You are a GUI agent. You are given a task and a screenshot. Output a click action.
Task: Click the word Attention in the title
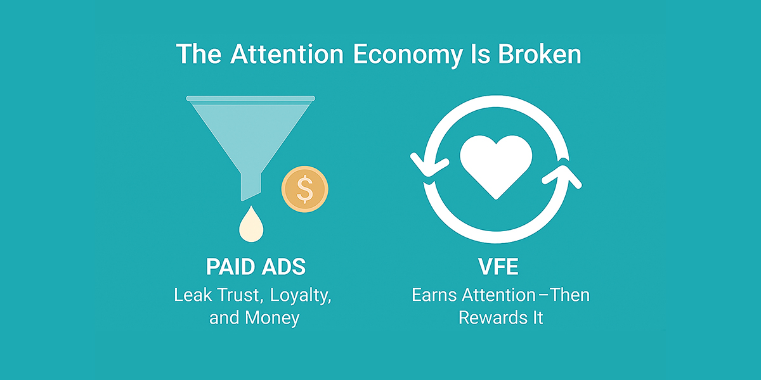pyautogui.click(x=287, y=54)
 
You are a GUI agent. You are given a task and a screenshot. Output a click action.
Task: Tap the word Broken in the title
pyautogui.click(x=540, y=54)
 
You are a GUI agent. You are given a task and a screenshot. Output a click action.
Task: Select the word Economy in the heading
pyautogui.click(x=408, y=56)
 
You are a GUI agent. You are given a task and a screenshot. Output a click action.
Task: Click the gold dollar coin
pyautogui.click(x=305, y=189)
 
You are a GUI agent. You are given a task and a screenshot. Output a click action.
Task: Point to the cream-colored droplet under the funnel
pyautogui.click(x=251, y=225)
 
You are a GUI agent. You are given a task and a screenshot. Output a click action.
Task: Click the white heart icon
pyautogui.click(x=496, y=166)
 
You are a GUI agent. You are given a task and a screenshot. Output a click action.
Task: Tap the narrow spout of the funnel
pyautogui.click(x=251, y=187)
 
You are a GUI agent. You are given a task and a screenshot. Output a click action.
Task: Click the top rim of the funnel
pyautogui.click(x=250, y=98)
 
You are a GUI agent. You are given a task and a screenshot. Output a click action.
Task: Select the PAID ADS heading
pyautogui.click(x=256, y=267)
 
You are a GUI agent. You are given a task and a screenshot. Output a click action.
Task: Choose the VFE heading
pyautogui.click(x=498, y=267)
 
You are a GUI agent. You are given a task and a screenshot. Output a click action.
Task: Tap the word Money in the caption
pyautogui.click(x=272, y=318)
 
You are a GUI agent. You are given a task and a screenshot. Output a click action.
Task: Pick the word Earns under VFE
pyautogui.click(x=434, y=295)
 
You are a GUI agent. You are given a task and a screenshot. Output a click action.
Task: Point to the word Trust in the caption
pyautogui.click(x=240, y=296)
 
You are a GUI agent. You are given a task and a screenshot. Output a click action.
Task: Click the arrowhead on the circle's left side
pyautogui.click(x=429, y=165)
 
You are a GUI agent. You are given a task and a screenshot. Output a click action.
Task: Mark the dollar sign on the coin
pyautogui.click(x=305, y=189)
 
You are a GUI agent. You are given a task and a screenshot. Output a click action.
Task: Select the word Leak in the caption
pyautogui.click(x=193, y=295)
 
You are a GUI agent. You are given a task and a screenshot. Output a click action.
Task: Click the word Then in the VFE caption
pyautogui.click(x=570, y=295)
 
